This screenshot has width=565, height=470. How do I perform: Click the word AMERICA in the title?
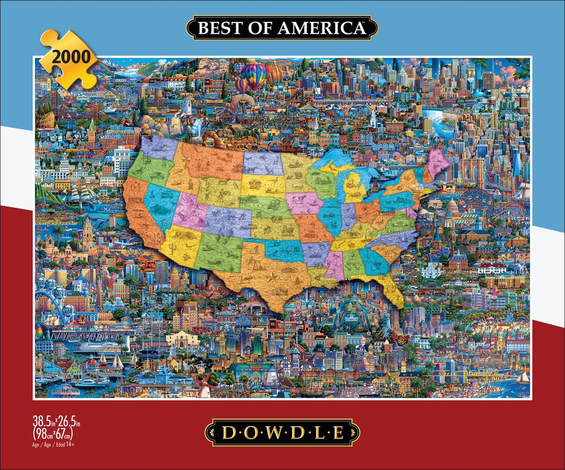pyautogui.click(x=322, y=28)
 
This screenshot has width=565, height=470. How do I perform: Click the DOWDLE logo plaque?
pyautogui.click(x=282, y=433)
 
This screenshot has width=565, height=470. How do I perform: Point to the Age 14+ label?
pyautogui.click(x=54, y=444)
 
